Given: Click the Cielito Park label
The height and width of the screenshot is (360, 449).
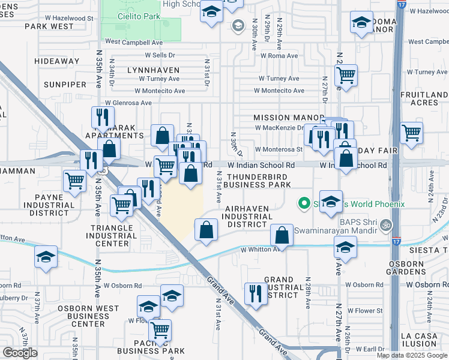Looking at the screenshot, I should tap(139, 17).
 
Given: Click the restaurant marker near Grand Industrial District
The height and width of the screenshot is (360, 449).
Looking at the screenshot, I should tap(256, 293).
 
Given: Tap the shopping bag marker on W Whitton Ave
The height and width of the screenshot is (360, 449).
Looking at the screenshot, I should tap(282, 235).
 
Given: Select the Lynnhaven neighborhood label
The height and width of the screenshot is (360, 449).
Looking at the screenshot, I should tap(153, 70).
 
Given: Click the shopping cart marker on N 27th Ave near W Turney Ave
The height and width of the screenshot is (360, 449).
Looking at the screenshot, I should tap(346, 76).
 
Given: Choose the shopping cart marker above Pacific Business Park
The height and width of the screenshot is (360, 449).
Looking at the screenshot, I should tap(159, 330).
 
